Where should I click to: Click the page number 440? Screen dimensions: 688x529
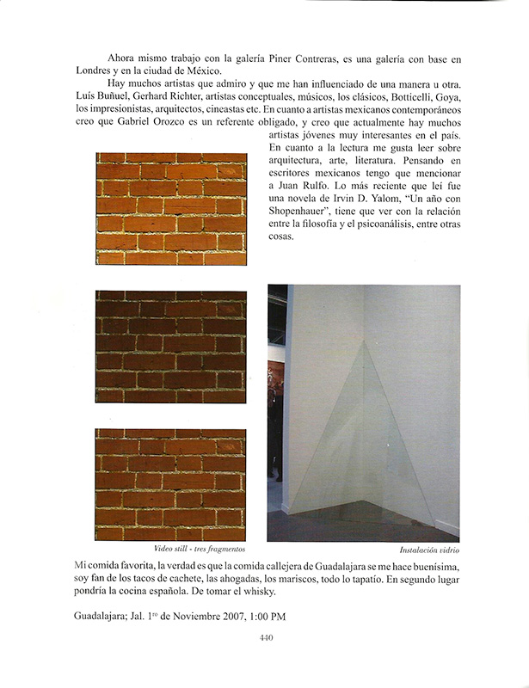pyautogui.click(x=265, y=638)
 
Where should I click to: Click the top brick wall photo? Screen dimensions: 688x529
pyautogui.click(x=171, y=208)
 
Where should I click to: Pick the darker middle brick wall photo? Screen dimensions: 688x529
pyautogui.click(x=171, y=347)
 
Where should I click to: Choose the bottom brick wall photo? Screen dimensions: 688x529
pyautogui.click(x=171, y=484)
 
